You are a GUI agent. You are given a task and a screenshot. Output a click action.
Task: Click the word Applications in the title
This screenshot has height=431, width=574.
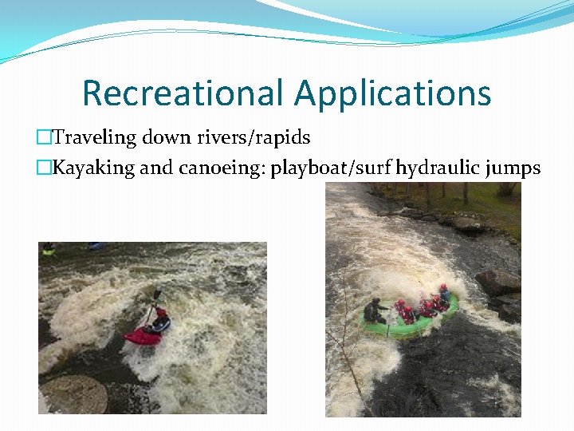tap(392, 93)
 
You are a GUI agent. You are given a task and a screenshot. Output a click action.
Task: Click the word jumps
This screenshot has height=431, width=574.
tap(512, 168)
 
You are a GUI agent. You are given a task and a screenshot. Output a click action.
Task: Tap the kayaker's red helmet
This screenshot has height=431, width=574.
tap(161, 313)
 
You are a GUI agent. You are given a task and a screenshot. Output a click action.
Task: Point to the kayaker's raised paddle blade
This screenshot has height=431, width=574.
tap(157, 295)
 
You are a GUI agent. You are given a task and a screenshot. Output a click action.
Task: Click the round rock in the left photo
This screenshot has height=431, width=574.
tap(74, 394)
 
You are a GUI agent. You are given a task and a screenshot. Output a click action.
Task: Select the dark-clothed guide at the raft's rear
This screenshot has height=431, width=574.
tap(375, 310)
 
